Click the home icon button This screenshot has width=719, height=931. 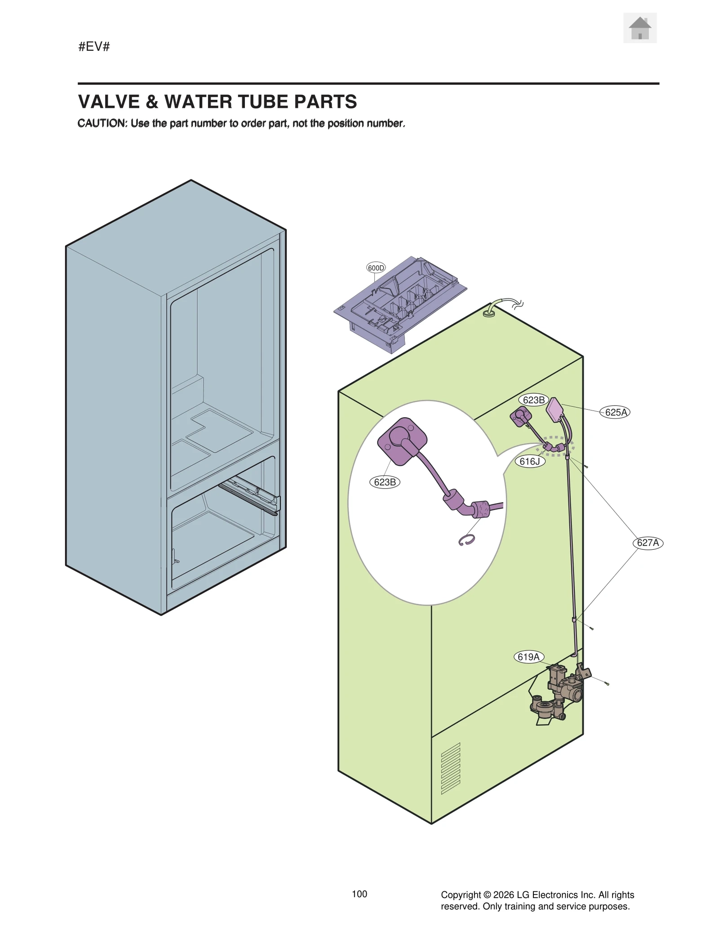[639, 28]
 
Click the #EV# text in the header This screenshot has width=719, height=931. [94, 46]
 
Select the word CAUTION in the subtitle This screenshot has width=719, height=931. [102, 124]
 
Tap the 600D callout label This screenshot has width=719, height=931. [376, 268]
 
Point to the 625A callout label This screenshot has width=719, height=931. [615, 412]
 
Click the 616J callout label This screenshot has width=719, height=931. [529, 461]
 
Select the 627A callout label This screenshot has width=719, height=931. [648, 543]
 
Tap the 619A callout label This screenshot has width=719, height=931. [528, 657]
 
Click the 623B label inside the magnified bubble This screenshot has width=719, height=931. [385, 482]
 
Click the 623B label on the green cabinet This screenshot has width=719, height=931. [533, 400]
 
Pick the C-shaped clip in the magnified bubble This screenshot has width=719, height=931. [466, 541]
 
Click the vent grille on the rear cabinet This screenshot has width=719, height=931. [450, 768]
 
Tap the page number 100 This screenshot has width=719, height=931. [359, 894]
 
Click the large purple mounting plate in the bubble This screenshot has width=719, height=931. [402, 441]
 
